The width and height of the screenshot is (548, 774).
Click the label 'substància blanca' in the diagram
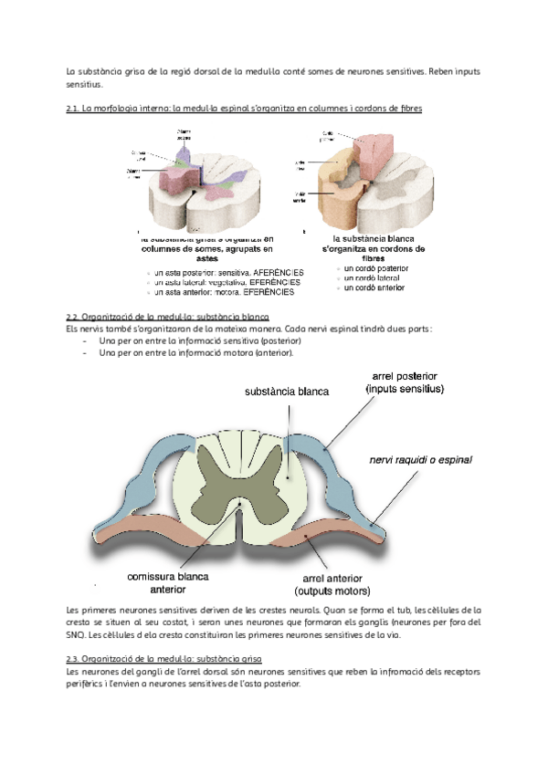point(287,392)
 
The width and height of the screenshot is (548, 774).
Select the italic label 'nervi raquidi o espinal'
point(421,460)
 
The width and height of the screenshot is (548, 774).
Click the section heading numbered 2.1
point(244,108)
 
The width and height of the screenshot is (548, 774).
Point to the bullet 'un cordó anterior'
point(374,288)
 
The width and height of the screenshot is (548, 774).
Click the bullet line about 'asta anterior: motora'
point(224,293)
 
